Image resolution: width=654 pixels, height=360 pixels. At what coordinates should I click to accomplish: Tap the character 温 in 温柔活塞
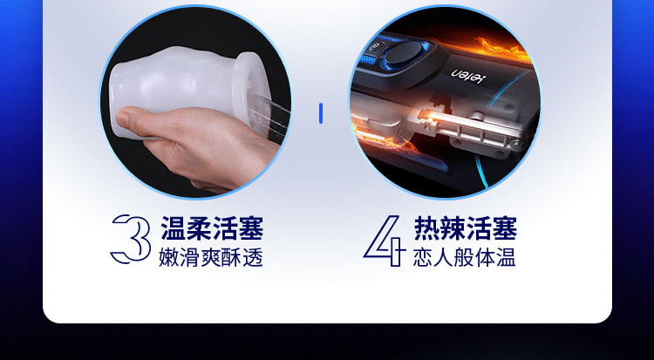[x=173, y=229]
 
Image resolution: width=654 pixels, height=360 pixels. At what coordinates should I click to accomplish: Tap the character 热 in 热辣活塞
[x=427, y=229]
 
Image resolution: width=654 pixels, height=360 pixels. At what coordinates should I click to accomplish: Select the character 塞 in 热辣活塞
[x=505, y=229]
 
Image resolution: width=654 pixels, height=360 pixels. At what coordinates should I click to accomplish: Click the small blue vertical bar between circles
[x=321, y=112]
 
